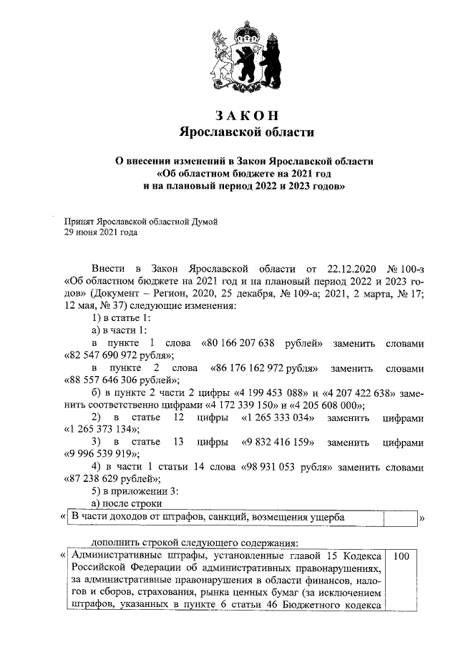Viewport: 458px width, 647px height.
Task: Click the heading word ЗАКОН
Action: [x=245, y=116]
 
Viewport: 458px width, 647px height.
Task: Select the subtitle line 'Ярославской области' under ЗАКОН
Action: [x=245, y=132]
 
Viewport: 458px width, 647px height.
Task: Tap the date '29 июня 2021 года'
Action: [x=101, y=232]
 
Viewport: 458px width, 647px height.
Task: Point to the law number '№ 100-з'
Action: [x=405, y=268]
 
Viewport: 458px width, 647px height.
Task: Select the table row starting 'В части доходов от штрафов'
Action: [x=222, y=517]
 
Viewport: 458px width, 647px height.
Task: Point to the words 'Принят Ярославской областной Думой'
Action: [x=140, y=222]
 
